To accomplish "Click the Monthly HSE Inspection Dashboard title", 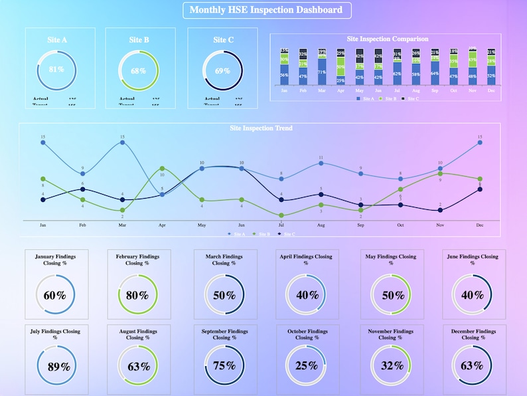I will click(x=266, y=10).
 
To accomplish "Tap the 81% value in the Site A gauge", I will click(x=56, y=70).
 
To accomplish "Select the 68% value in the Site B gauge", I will click(x=138, y=70).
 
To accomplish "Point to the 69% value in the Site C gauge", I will click(x=222, y=70).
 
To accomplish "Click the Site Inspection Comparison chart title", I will click(x=387, y=39).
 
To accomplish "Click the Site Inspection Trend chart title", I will click(x=261, y=128).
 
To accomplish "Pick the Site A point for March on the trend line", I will click(x=122, y=142).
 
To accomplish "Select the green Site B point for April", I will click(x=162, y=169).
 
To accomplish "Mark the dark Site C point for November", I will click(x=440, y=210).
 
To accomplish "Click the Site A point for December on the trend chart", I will click(x=479, y=142).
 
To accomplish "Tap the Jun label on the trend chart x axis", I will click(x=241, y=225).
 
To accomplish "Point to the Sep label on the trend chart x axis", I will click(x=360, y=225).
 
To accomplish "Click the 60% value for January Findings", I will click(x=55, y=295).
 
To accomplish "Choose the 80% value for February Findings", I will click(x=137, y=295).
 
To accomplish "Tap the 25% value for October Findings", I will click(x=306, y=365).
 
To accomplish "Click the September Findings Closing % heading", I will click(x=224, y=334).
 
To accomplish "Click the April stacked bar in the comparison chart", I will click(x=340, y=66).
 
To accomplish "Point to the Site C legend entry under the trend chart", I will click(x=288, y=234).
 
